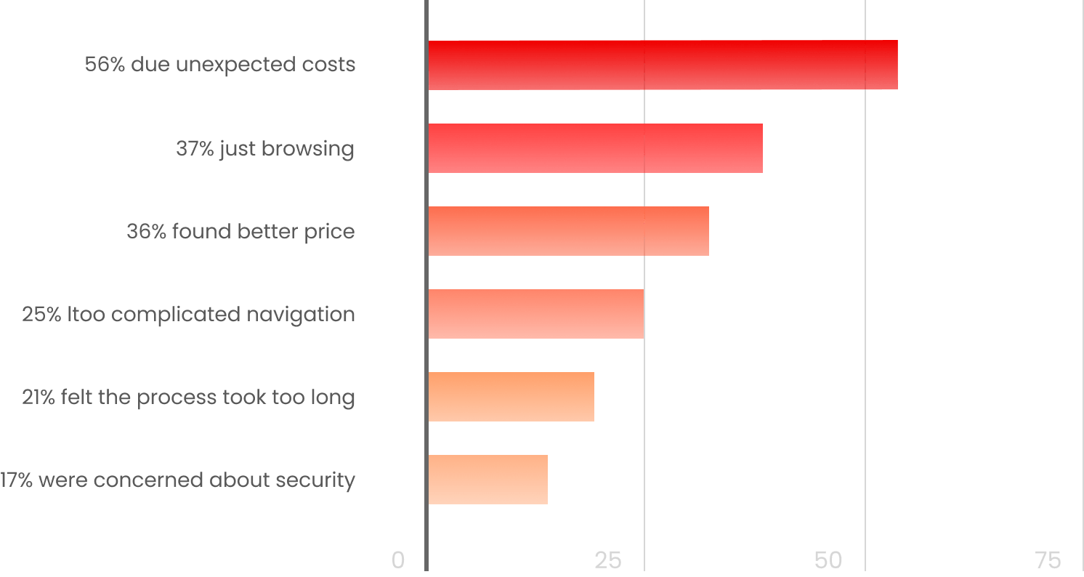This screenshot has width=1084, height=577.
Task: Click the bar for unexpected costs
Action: (x=663, y=65)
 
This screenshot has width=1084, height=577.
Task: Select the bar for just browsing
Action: (x=595, y=148)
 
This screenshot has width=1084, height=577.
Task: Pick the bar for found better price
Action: (x=568, y=231)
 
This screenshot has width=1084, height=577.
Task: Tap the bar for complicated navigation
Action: (x=536, y=314)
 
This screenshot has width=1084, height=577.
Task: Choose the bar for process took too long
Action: (x=511, y=397)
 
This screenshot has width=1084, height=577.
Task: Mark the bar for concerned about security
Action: (x=488, y=480)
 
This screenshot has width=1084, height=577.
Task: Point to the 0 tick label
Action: (x=397, y=560)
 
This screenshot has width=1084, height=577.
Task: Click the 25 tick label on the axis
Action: (x=608, y=560)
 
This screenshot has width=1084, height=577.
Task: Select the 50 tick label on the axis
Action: (x=828, y=560)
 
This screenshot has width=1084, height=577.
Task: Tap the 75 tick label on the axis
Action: (x=1048, y=560)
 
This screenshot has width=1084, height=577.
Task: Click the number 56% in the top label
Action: (x=105, y=65)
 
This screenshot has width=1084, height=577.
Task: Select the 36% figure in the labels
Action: (x=146, y=232)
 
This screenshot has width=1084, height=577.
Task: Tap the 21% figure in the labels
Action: (x=39, y=398)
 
